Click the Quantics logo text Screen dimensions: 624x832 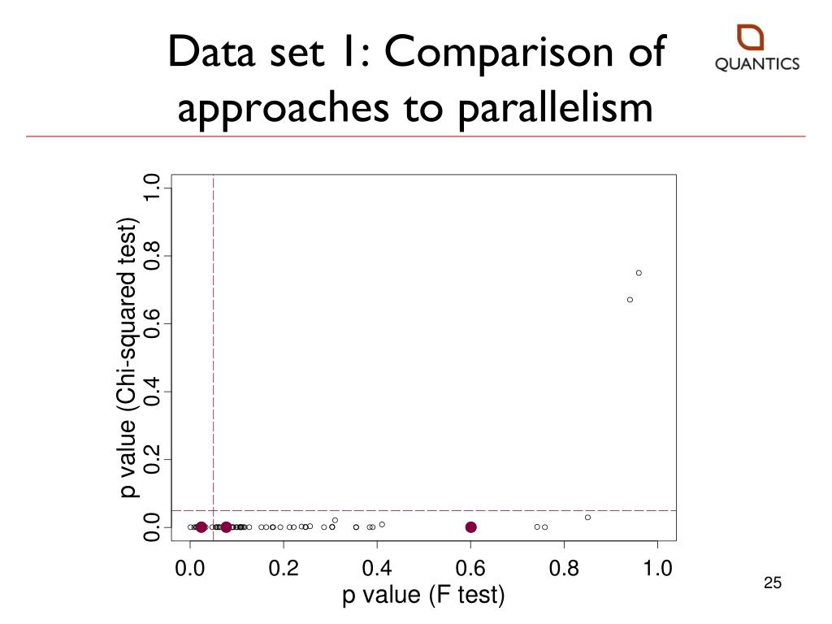point(757,65)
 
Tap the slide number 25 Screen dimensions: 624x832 point(772,583)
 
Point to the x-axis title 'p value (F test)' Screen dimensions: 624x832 point(423,596)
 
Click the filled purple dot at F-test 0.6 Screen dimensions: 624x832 point(470,527)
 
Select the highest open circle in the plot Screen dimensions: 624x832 point(639,273)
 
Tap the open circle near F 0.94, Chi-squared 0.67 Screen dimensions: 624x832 point(630,300)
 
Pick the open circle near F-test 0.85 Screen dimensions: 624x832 point(587,518)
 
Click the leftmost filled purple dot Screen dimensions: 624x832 point(201,527)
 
